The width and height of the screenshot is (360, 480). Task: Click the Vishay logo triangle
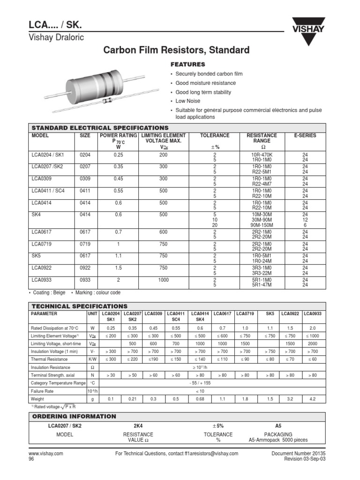(307, 33)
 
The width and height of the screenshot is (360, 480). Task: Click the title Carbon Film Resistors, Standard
(180, 50)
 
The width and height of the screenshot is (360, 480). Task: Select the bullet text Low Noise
(187, 101)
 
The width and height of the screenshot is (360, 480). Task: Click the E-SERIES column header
(305, 135)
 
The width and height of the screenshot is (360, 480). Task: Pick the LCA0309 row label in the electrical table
(42, 179)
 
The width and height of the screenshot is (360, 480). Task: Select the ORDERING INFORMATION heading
(74, 416)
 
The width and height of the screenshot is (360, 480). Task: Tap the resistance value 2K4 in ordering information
(138, 426)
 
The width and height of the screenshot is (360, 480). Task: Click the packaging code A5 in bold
(278, 426)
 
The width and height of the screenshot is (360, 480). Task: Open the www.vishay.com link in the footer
(46, 453)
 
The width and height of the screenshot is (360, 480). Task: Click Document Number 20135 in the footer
(301, 453)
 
